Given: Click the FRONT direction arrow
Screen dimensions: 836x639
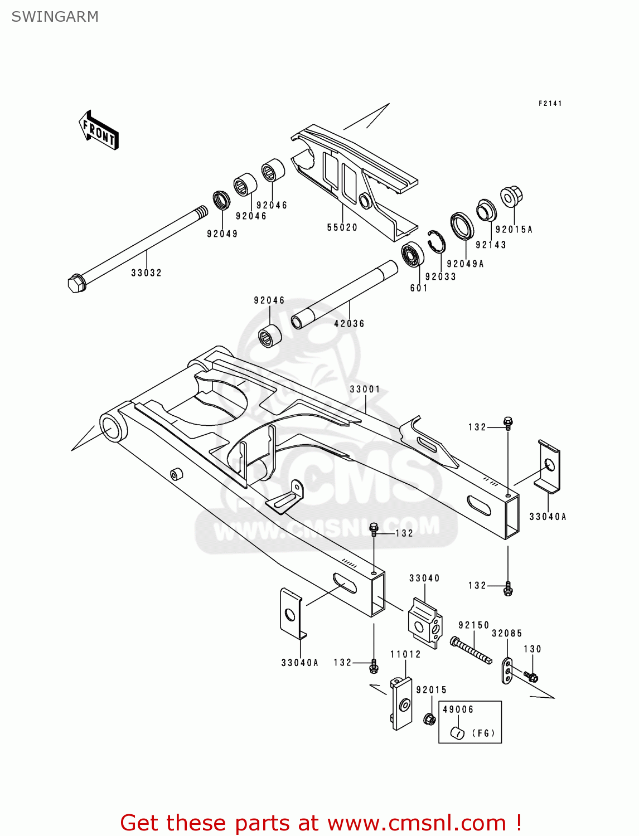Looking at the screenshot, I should coord(99,130).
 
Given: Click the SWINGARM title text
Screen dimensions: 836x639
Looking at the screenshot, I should coord(55,17).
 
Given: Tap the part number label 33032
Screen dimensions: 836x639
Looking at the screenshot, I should coord(146,273).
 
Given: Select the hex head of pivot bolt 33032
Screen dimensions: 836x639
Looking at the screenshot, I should coord(76,283).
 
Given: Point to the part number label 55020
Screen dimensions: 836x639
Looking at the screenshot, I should coord(342,227).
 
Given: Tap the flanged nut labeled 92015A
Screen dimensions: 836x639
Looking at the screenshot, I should coord(511,197).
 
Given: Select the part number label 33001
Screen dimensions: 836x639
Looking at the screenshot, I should coord(365,389).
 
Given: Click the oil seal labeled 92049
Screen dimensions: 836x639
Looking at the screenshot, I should coord(221,200).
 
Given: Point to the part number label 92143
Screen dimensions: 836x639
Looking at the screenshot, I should coord(491,245).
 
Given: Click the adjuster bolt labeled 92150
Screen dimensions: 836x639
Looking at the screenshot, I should coord(471,650).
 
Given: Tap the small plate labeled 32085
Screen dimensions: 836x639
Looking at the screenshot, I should coord(507,670).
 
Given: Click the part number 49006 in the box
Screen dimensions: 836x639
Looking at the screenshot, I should coord(458,709).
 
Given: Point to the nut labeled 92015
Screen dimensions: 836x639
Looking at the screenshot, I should coord(429,719).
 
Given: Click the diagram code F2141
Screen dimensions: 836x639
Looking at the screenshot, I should coord(550,104).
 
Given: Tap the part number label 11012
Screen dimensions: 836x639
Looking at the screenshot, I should coord(405,654).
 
